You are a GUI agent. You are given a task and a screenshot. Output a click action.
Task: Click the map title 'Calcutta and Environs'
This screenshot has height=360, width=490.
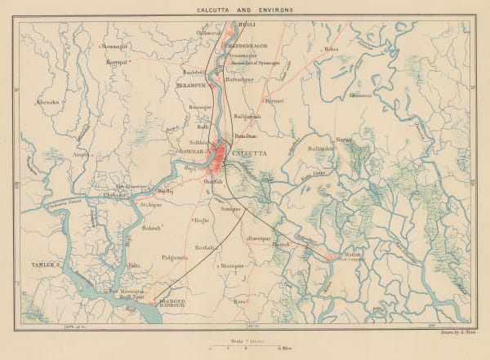coord(246,10)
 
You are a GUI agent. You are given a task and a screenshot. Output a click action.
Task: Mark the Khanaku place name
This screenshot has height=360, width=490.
coord(48,103)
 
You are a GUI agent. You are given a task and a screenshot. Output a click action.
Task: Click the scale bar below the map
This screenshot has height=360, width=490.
coord(245,349)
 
